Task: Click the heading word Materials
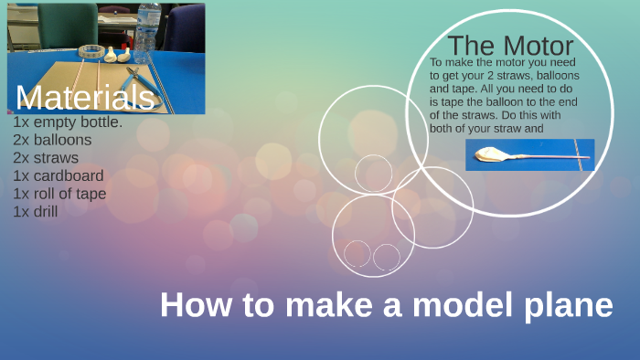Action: point(84,97)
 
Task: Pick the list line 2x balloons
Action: point(52,140)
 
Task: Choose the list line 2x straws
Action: point(46,157)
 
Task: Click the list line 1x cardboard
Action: point(59,175)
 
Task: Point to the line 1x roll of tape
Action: point(59,194)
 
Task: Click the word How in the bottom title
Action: point(191,305)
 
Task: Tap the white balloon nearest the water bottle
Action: point(123,54)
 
